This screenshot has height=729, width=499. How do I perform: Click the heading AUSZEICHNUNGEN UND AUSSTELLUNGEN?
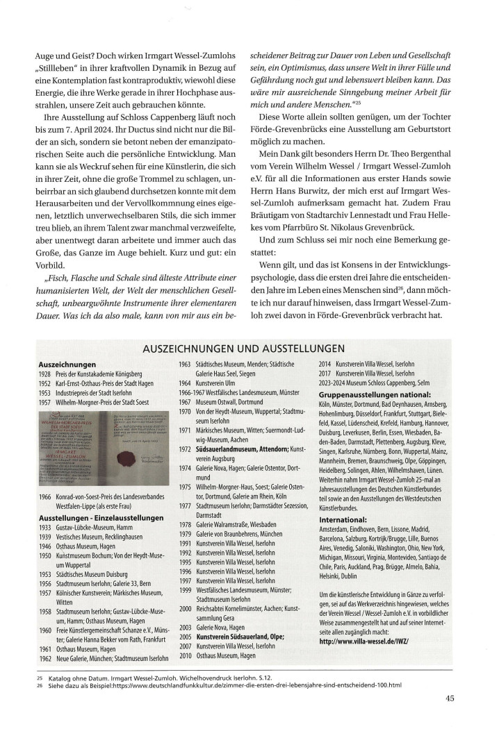coord(250,347)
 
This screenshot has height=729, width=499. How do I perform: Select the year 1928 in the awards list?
coord(47,372)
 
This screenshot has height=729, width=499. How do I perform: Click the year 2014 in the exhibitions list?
coord(327,363)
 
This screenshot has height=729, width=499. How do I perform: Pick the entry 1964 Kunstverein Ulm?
coord(208,382)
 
